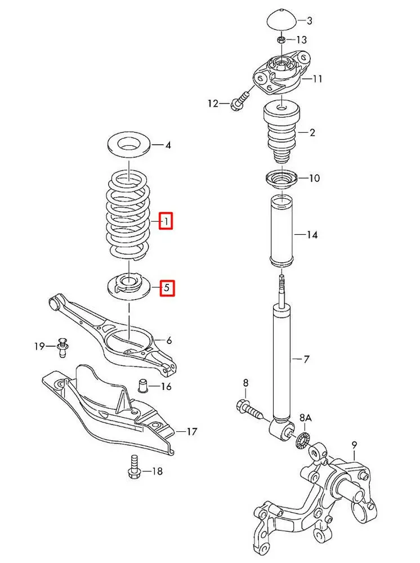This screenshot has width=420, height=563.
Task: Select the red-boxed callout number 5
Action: [x=166, y=288]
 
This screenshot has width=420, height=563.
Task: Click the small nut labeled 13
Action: [x=281, y=39]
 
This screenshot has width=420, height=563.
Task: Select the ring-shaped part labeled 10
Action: [x=282, y=180]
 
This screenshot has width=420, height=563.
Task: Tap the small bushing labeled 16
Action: [x=144, y=387]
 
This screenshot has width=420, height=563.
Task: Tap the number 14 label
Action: [x=312, y=234]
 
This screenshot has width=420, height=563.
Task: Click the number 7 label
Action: [x=307, y=359]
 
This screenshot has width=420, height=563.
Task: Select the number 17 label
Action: [x=192, y=432]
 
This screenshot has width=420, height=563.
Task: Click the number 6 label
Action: [x=169, y=341]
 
